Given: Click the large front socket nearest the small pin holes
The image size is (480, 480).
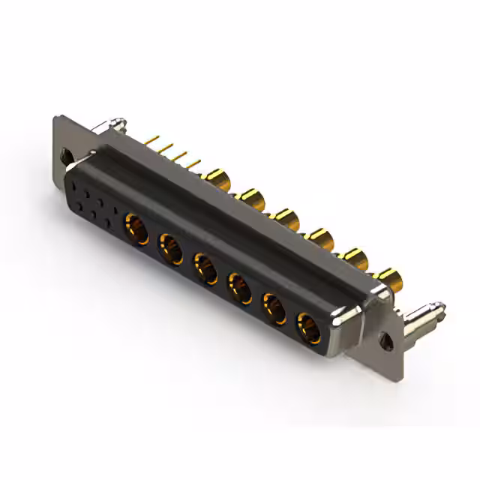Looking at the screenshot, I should click(x=136, y=225).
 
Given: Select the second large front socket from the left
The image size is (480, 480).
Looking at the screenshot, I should click(x=170, y=247).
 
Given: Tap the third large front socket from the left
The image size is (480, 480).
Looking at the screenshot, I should click(x=205, y=268).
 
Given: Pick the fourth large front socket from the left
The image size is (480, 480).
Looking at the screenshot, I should click(x=240, y=288).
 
